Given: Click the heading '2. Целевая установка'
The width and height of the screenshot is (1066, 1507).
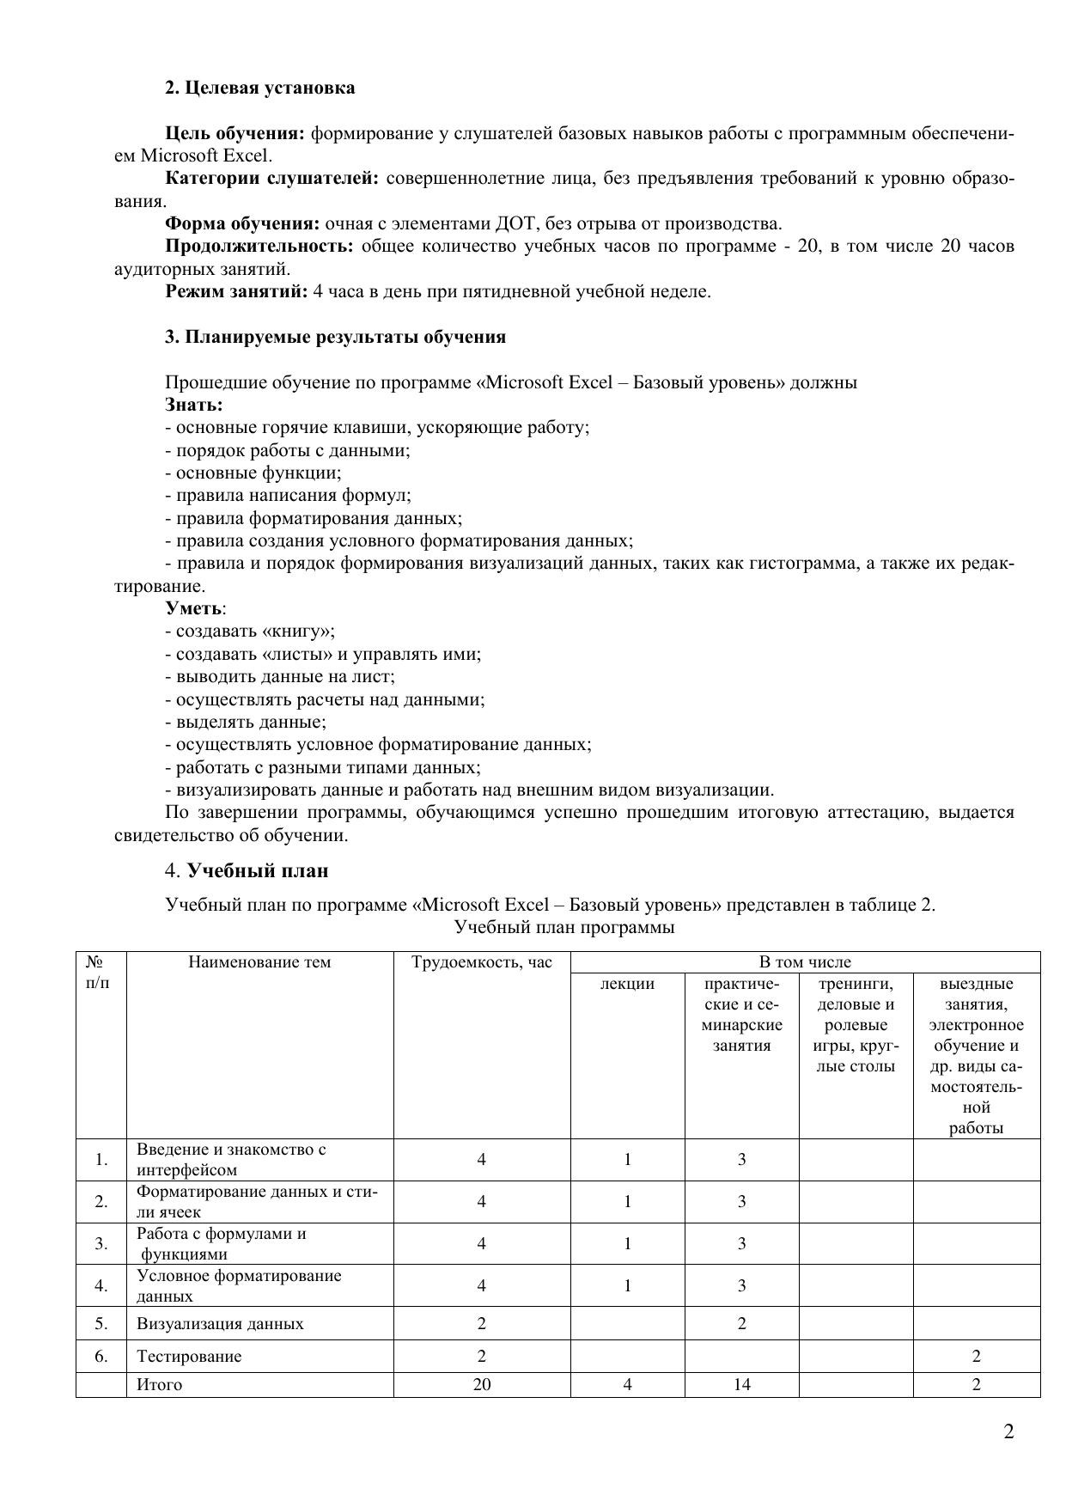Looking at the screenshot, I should point(259,88).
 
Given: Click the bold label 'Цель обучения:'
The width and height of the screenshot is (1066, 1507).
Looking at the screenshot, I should point(235,133).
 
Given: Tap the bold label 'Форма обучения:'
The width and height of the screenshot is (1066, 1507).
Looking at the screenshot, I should point(241,223).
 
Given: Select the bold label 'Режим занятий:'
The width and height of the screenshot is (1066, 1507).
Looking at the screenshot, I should point(236,291).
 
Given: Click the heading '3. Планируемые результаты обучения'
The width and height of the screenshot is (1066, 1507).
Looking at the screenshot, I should point(335,337).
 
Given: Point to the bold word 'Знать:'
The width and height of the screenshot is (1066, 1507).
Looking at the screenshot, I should point(194,405).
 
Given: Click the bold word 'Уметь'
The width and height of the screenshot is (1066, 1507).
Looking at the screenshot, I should point(194,608).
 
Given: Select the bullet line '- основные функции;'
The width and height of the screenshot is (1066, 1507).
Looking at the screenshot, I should point(253,473).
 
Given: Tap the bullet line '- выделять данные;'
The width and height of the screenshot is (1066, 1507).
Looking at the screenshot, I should point(246,722).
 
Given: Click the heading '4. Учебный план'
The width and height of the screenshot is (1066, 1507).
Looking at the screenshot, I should point(247,870).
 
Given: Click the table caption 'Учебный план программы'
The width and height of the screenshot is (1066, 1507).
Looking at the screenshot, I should point(564,927).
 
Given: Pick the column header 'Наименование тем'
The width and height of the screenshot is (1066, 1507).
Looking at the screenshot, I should point(259,962).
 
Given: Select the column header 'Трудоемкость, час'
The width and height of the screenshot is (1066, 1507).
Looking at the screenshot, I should point(481,962).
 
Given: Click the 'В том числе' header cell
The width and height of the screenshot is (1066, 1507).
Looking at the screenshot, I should point(805,962).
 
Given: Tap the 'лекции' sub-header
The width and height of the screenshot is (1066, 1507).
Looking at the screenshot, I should point(627,985).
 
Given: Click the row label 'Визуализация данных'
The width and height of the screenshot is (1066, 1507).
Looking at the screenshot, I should point(220,1323).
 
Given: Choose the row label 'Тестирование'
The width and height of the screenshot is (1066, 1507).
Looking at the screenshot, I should point(189,1356).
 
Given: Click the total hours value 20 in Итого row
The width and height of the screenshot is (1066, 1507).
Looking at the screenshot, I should point(481,1384).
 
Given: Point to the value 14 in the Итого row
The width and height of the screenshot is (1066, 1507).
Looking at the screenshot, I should point(741,1384).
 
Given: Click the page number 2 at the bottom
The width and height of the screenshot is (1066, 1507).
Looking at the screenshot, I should point(1008,1432).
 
